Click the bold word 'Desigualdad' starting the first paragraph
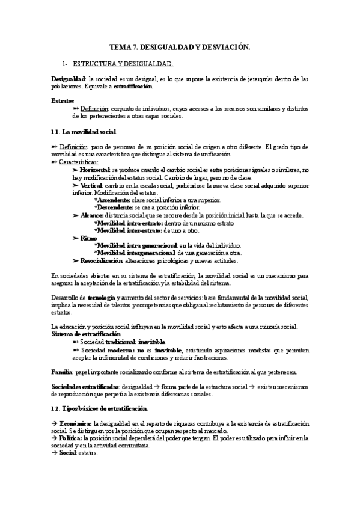68,79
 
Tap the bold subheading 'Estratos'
63,100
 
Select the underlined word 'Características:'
79,162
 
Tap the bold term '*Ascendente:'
112,200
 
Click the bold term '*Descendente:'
113,208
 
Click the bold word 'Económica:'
77,424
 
